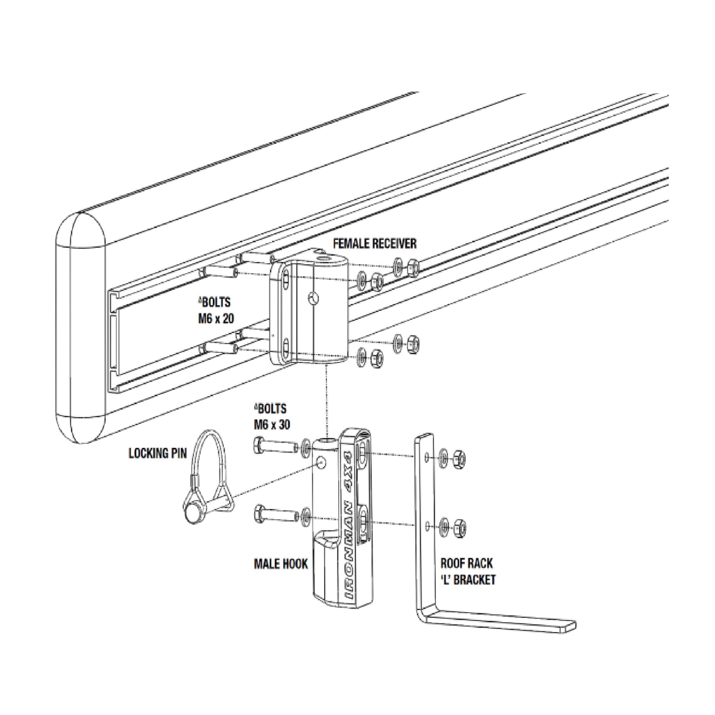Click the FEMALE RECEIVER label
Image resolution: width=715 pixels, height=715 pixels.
(x=375, y=244)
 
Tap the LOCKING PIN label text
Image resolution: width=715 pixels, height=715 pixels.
(x=158, y=453)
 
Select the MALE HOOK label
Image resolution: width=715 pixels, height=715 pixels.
(x=281, y=564)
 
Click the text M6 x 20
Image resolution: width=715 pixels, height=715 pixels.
(x=216, y=319)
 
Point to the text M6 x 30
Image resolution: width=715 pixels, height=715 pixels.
(x=272, y=425)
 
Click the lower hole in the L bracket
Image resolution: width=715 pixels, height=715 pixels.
(x=427, y=525)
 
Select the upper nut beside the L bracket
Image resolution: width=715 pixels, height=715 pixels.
(x=459, y=459)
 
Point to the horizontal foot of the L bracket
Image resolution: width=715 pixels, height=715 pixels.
(x=500, y=625)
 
